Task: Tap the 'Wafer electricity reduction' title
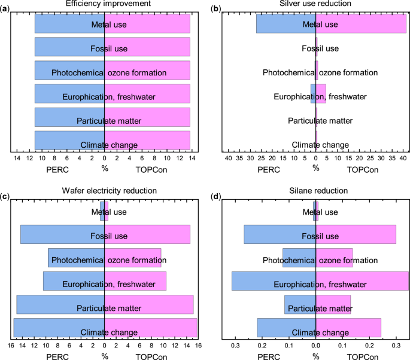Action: (x=104, y=191)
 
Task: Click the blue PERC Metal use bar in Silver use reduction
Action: (x=281, y=24)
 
